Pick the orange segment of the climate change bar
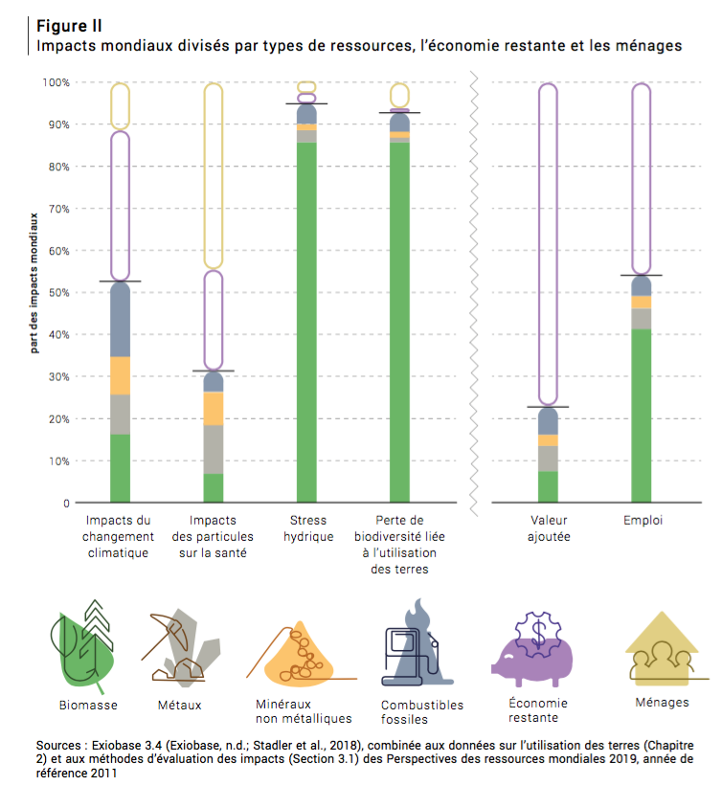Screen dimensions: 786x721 120,375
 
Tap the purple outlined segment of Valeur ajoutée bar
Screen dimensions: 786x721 548,239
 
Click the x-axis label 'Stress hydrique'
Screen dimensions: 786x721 307,528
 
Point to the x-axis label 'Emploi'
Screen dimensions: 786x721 642,521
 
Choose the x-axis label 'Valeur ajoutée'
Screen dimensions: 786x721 548,528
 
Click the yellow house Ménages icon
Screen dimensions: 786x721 661,651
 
